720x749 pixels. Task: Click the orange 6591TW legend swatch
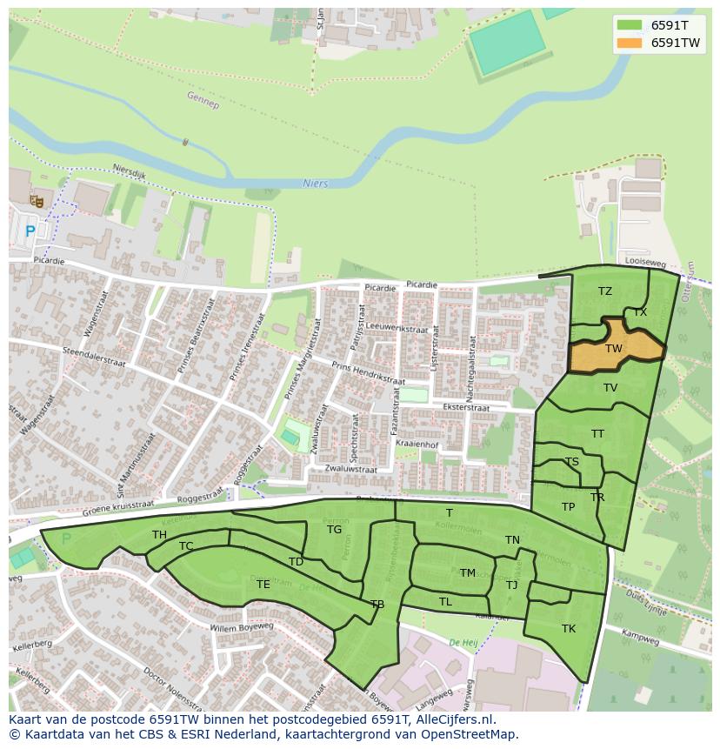coord(630,43)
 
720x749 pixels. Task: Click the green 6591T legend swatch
coord(630,25)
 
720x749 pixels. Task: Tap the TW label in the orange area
coord(614,349)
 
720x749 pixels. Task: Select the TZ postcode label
coord(605,291)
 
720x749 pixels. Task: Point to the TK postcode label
coord(569,629)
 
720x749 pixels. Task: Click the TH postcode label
coord(159,535)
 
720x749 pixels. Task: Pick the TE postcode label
coord(263,585)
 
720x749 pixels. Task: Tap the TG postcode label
coord(334,529)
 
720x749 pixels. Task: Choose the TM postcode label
coord(468,572)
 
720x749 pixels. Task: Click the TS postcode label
coord(571,462)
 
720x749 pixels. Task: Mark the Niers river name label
coord(315,184)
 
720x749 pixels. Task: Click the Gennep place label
coord(203,100)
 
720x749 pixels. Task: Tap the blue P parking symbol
coord(30,231)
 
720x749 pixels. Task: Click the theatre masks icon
coord(37,201)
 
